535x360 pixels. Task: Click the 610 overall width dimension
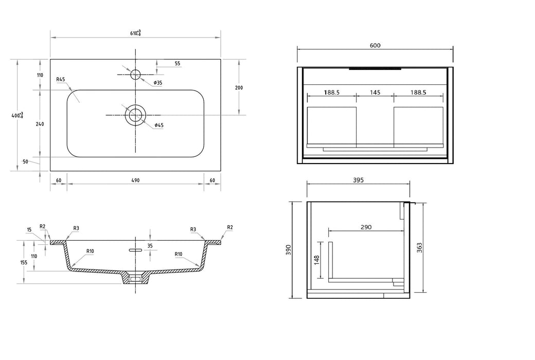135,33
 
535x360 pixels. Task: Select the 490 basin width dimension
135,180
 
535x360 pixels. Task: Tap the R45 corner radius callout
61,79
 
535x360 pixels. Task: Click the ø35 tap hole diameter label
158,83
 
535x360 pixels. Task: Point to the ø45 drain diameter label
159,125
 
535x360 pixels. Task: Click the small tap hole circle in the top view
135,75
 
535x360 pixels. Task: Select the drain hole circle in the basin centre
135,115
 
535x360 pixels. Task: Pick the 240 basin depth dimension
40,123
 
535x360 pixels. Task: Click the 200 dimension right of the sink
239,87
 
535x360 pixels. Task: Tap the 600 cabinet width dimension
375,45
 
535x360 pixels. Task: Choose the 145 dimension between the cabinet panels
375,93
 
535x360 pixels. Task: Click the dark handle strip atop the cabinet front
374,68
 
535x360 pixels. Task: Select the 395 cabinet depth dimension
358,180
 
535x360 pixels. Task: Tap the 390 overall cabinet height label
289,250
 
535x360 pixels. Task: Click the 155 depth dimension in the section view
24,262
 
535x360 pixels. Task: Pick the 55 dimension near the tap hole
177,64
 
